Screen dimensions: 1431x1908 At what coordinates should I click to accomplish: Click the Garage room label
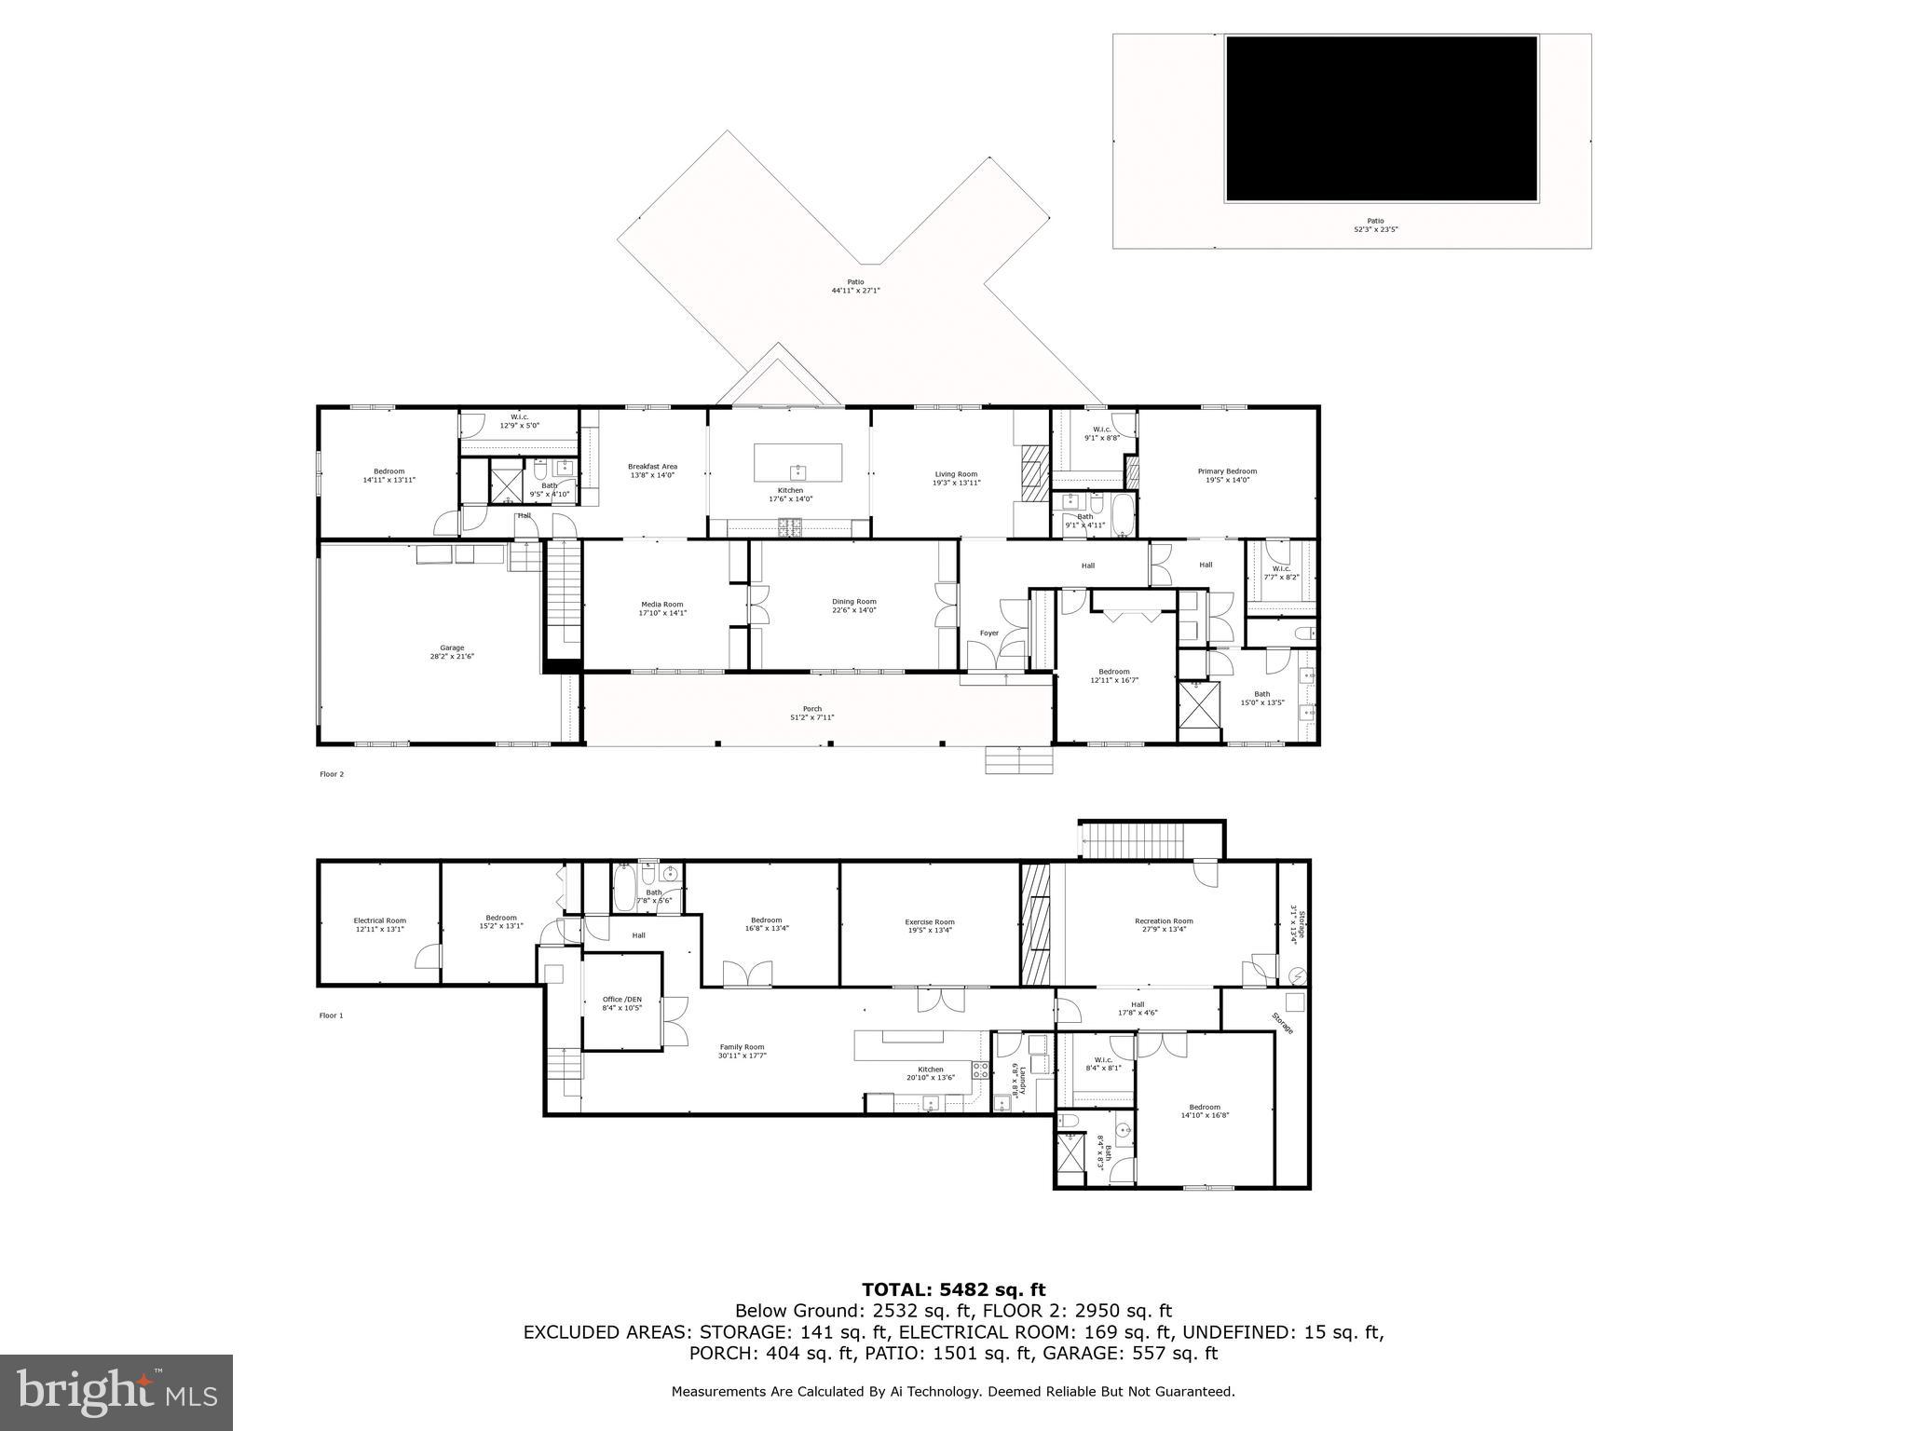pos(452,648)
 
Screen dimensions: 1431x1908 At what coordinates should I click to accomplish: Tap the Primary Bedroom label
pos(1227,471)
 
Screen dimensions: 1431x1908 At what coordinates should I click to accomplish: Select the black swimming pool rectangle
pos(1381,118)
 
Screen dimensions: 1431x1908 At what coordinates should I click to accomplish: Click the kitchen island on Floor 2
pos(797,462)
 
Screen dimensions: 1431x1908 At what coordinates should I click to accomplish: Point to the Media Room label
pos(661,605)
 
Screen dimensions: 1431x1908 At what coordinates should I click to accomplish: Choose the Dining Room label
pos(853,602)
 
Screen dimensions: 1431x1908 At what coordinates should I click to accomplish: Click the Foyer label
pos(988,634)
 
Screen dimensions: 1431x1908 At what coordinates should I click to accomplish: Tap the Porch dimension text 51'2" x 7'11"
pos(812,717)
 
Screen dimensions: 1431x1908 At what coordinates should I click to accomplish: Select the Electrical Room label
pos(379,920)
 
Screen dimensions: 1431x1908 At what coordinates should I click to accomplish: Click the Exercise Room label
pos(930,921)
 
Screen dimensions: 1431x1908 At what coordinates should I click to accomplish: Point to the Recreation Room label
pos(1164,921)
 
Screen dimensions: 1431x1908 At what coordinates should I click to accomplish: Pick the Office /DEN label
pos(622,1000)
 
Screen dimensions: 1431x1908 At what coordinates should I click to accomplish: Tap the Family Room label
pos(742,1047)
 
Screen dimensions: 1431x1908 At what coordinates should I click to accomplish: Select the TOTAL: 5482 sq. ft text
pos(953,1290)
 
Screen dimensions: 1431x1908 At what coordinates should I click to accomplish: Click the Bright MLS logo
pos(116,1392)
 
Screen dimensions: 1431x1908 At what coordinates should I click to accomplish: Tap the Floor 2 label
pos(332,774)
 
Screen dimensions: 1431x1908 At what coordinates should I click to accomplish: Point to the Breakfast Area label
pos(652,467)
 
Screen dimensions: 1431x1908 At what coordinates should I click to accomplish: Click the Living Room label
pos(956,474)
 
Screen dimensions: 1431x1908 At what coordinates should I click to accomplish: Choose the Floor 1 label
pos(331,1015)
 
